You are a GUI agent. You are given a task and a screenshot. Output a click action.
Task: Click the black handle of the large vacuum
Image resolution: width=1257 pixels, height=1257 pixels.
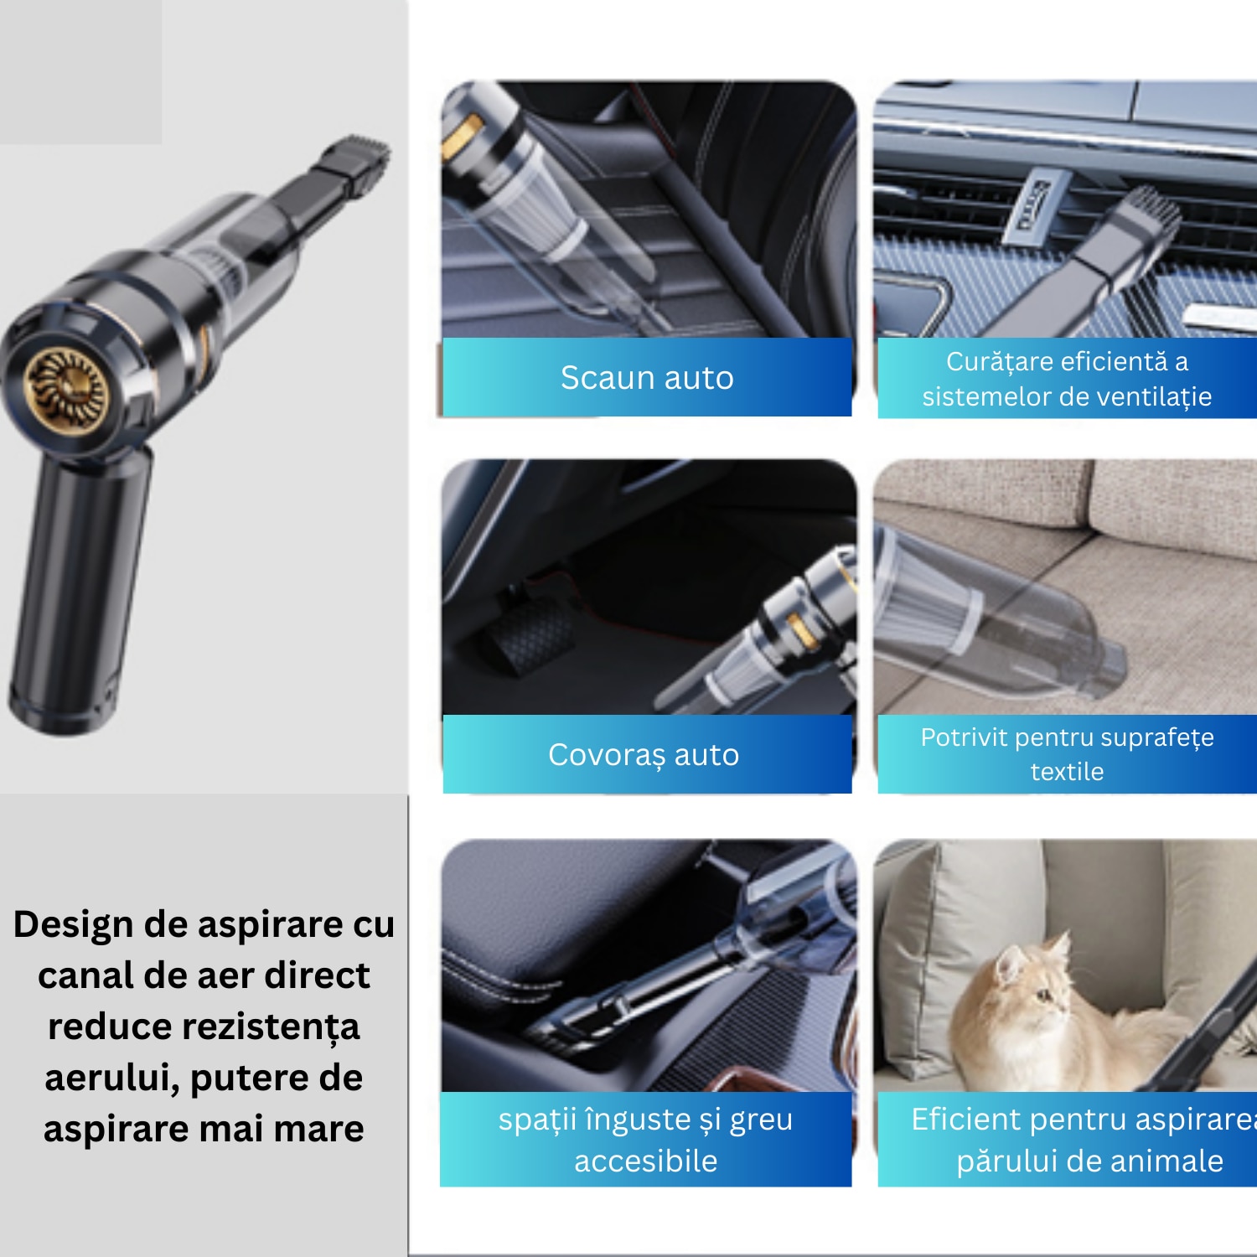click(x=80, y=587)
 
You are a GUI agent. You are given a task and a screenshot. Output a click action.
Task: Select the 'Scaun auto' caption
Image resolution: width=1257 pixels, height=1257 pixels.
click(x=647, y=378)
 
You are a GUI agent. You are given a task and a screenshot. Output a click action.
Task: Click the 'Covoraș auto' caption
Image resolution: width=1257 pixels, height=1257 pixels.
click(x=644, y=755)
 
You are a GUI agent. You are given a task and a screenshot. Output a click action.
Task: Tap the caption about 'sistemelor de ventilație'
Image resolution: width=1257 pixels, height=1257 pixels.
click(x=1067, y=379)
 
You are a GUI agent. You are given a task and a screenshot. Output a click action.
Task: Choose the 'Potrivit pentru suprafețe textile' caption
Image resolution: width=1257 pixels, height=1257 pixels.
click(x=1067, y=754)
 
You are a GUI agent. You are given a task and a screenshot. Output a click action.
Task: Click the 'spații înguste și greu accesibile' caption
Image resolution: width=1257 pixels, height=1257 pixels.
click(x=645, y=1140)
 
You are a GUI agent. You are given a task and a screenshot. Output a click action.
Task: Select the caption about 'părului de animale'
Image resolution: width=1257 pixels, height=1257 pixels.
click(x=1081, y=1140)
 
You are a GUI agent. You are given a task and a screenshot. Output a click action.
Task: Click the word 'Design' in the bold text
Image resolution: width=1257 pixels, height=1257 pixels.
click(x=74, y=924)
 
